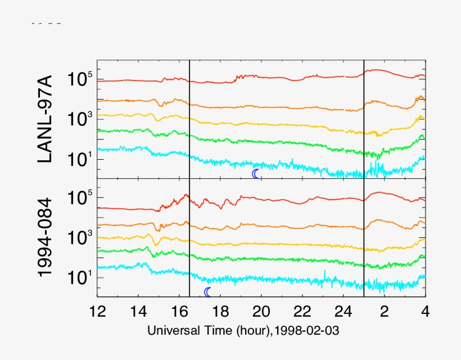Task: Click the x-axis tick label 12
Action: point(97,310)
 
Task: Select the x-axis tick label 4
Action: point(426,310)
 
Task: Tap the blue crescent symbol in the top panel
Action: point(256,174)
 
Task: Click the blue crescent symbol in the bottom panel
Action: point(208,292)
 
